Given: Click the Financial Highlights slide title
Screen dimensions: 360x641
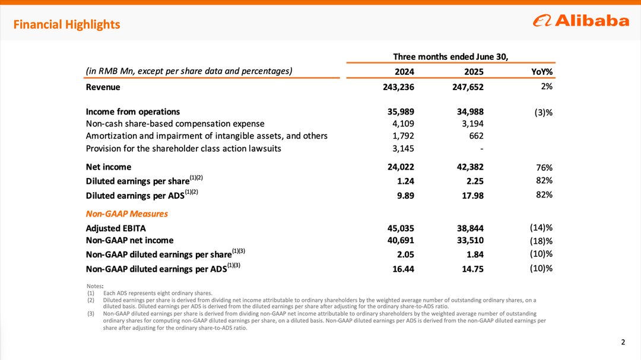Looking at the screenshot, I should click(66, 24).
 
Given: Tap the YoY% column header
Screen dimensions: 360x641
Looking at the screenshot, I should click(542, 72).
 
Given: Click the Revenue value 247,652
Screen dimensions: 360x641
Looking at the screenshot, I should click(468, 87).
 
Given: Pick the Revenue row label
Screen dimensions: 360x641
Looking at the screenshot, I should click(103, 87).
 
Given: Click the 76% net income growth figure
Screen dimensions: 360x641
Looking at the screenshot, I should click(544, 167).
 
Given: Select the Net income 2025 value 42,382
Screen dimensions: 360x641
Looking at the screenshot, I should click(468, 167).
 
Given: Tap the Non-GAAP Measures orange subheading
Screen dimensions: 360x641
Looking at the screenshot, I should click(127, 214).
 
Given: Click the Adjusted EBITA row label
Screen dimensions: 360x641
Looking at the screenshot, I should click(116, 228).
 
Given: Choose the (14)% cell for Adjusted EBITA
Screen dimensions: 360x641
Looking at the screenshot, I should click(541, 227).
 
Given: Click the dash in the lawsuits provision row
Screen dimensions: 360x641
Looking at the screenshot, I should click(481, 148).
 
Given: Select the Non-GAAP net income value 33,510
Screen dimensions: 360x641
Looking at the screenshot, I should click(468, 240).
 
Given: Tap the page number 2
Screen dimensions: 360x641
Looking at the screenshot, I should click(623, 342).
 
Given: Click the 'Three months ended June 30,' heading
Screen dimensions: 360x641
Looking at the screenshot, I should click(451, 56).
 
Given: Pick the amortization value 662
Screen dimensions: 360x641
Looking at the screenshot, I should click(476, 136).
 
